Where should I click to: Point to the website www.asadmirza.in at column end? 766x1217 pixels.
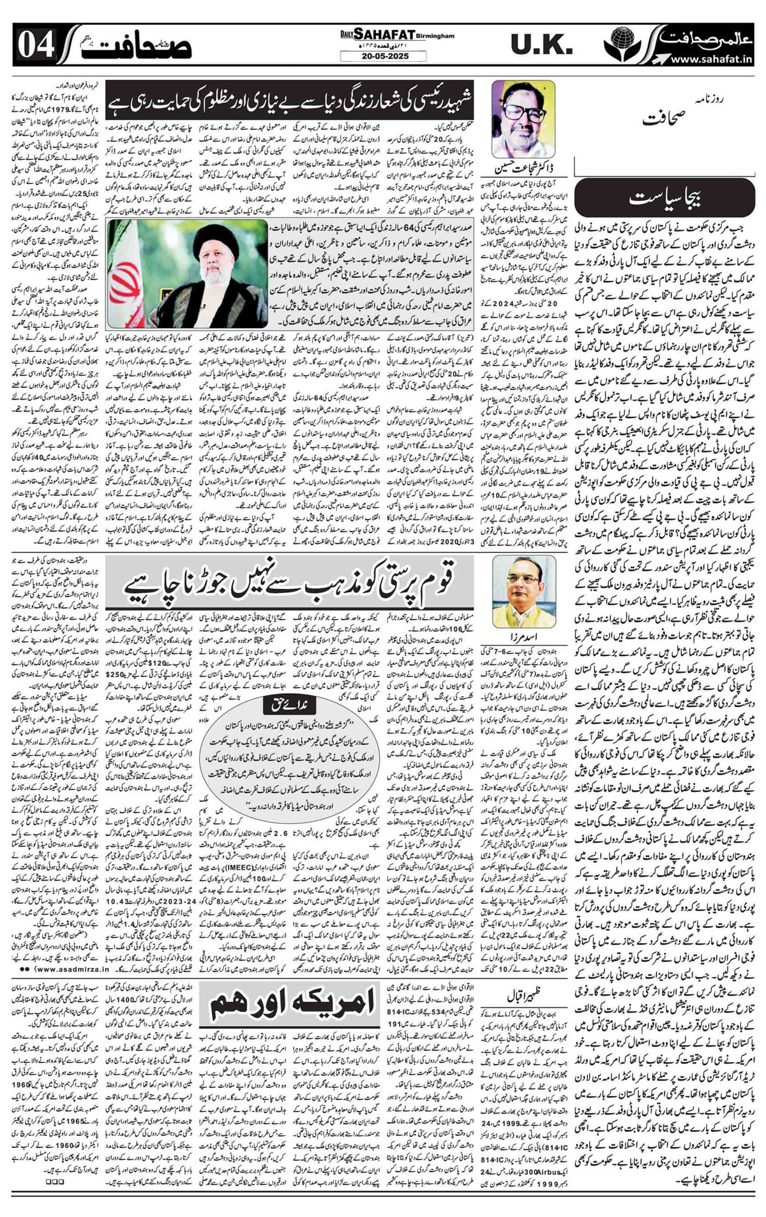59,965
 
